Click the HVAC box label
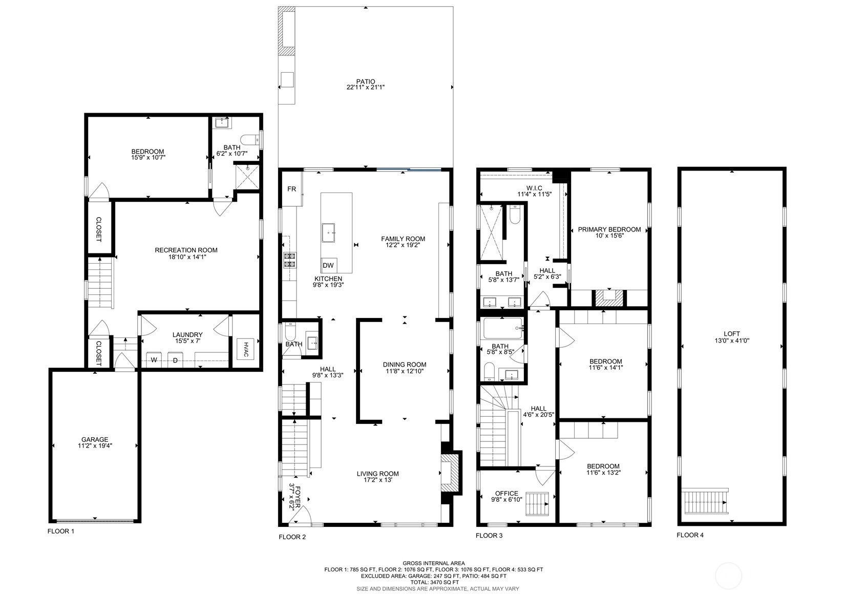[246, 350]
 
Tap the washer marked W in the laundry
[154, 360]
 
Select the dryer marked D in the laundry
[175, 360]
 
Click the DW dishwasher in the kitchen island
[329, 265]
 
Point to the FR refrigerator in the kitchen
[292, 189]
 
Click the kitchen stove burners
[290, 260]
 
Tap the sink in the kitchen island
[329, 233]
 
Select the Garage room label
[95, 439]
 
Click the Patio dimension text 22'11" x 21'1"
[366, 88]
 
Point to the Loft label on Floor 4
[732, 333]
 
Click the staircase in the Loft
[705, 501]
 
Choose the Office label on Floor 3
[507, 493]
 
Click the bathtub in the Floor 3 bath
[503, 328]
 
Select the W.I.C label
[534, 188]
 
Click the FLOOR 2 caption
[292, 537]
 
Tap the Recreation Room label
[186, 250]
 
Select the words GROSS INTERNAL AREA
[434, 563]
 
